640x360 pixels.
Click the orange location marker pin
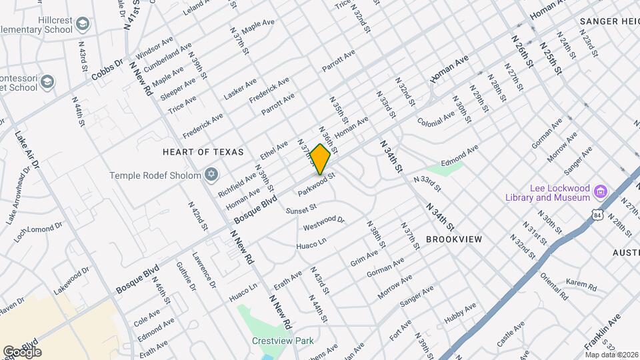click(x=321, y=159)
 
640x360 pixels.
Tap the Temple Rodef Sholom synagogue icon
click(x=211, y=175)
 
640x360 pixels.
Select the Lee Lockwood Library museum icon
click(x=600, y=192)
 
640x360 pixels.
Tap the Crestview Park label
click(x=283, y=341)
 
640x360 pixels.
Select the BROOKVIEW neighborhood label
click(x=453, y=239)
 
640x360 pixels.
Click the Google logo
click(x=22, y=351)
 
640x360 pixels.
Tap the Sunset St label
click(x=300, y=210)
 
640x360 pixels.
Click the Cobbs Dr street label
click(x=108, y=69)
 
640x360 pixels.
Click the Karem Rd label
click(x=581, y=285)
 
